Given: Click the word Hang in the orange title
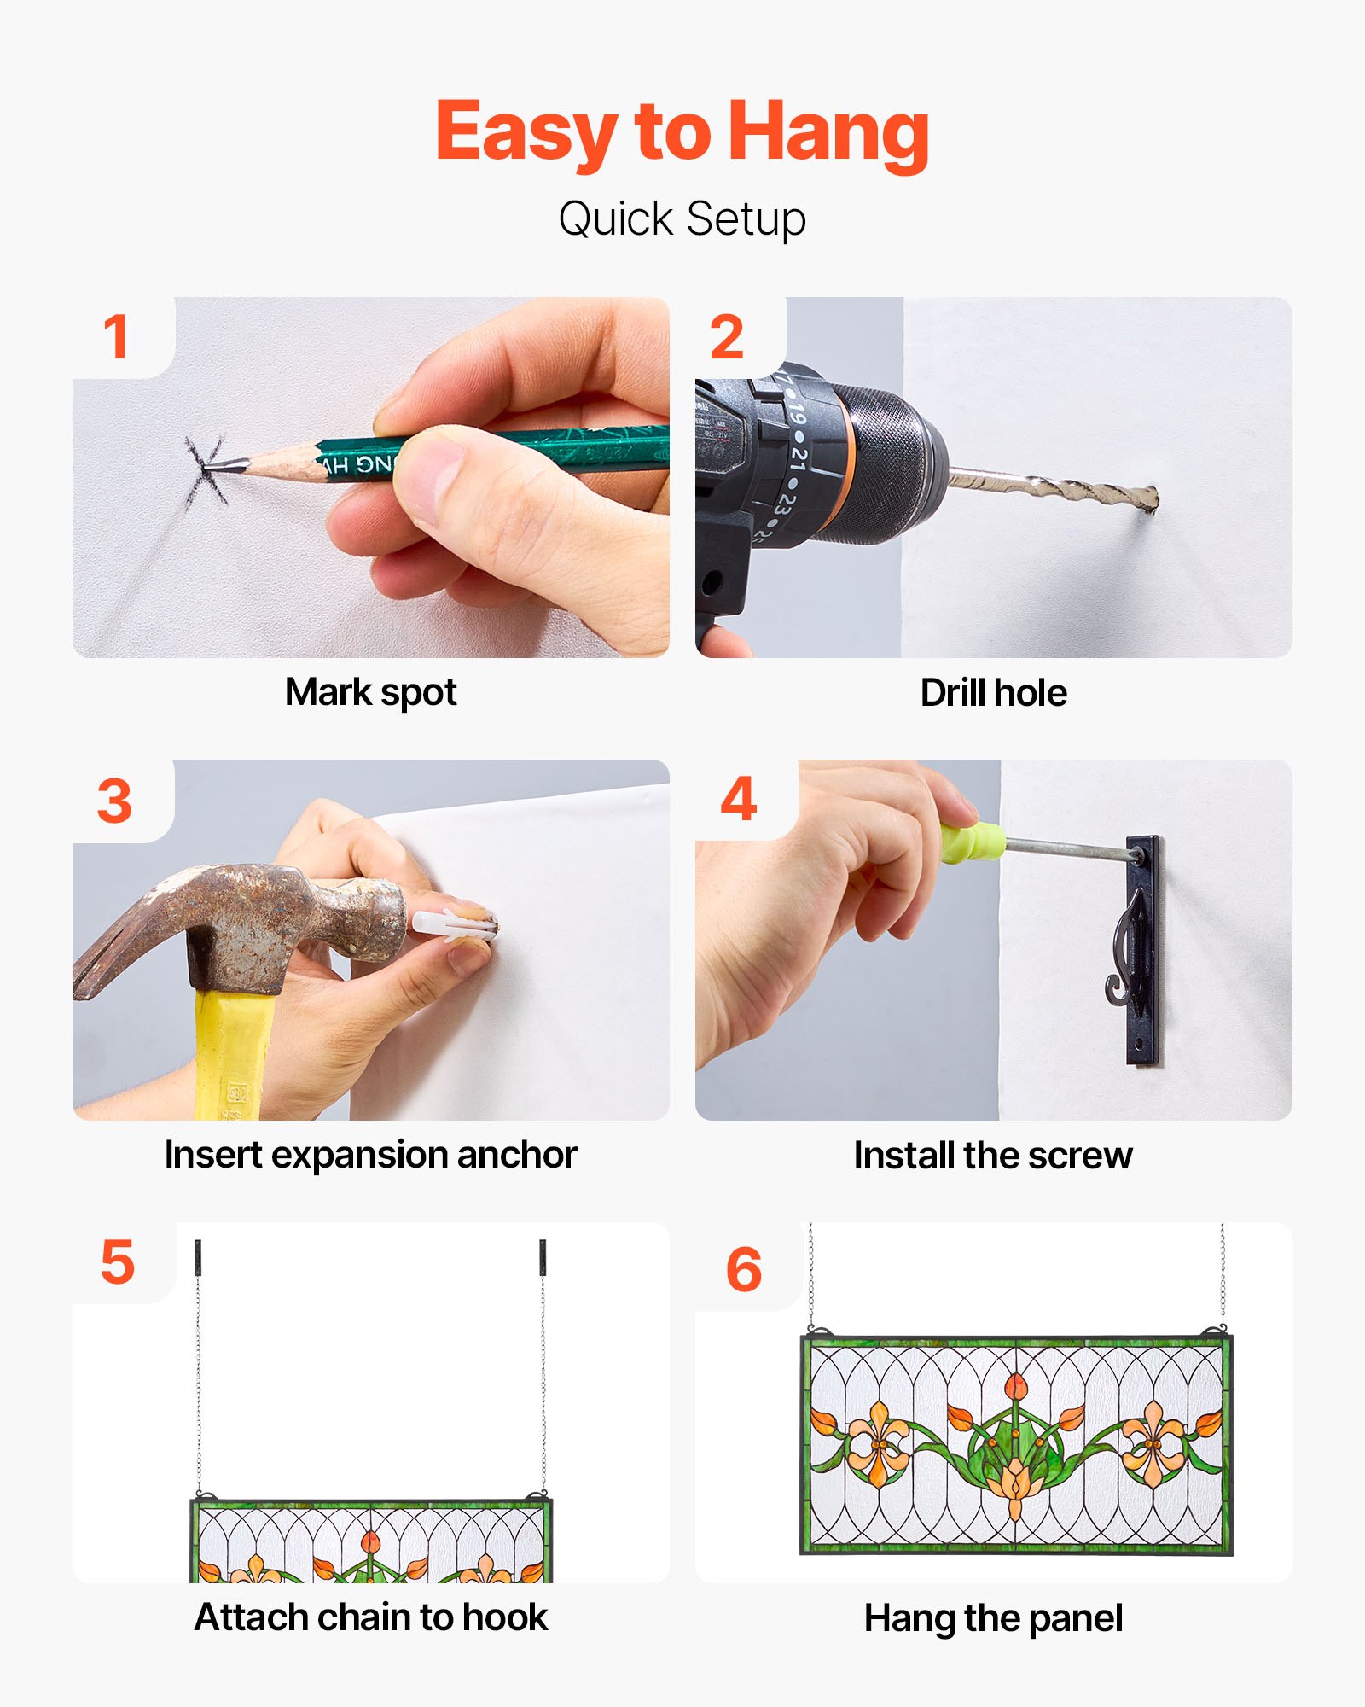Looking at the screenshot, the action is [828, 135].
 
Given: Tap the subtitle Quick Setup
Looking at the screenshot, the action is [682, 219].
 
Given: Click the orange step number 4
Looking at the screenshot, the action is [739, 799].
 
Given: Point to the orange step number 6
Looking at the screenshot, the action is [743, 1269].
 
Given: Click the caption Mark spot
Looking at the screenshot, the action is [371, 693].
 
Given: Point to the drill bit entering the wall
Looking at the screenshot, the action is [1054, 488].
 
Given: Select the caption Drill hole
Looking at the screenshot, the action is [994, 693].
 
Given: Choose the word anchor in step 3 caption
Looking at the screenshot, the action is [517, 1156].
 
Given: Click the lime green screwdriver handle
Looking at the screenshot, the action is [973, 841].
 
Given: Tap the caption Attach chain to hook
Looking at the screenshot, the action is [371, 1617].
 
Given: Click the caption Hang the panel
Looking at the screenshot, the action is [994, 1619].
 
